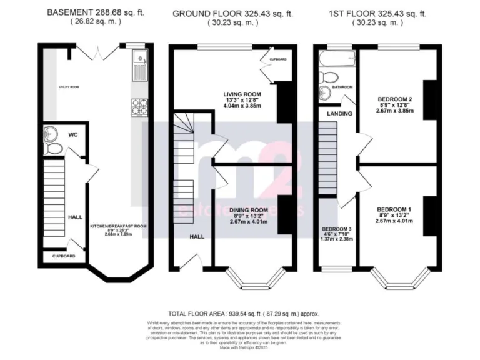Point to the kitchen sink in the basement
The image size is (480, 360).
coord(139,66)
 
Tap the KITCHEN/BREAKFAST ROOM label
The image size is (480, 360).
coord(119,226)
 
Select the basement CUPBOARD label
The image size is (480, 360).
coord(63,256)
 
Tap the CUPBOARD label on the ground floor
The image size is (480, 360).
coord(278,59)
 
